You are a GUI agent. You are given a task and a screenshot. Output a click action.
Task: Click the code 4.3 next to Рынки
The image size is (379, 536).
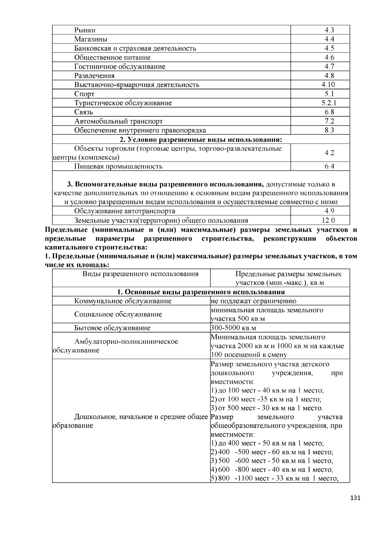(x=329, y=30)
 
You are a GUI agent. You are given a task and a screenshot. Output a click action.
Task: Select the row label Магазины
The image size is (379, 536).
(x=91, y=39)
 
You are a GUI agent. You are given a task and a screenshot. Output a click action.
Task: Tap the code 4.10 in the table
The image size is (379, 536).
(x=328, y=85)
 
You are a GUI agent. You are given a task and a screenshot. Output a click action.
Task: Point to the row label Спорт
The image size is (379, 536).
(x=84, y=94)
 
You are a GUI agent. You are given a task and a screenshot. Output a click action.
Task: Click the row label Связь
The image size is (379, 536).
(x=84, y=112)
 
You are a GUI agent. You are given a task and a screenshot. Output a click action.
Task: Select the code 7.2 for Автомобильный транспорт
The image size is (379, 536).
(x=329, y=121)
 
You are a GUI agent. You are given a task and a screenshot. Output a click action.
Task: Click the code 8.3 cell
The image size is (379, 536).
(x=329, y=130)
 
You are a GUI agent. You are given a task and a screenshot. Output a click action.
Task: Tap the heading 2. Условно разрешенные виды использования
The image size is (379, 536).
(x=201, y=140)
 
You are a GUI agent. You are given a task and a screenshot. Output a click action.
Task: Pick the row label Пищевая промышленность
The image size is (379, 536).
(x=118, y=166)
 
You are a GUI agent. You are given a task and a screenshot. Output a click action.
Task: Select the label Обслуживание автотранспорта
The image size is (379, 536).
(x=124, y=211)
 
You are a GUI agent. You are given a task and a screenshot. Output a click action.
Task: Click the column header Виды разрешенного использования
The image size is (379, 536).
(x=141, y=274)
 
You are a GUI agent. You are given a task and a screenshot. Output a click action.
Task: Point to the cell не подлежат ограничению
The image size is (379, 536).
(x=253, y=301)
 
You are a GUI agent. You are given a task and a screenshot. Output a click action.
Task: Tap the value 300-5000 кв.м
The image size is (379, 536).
(x=233, y=328)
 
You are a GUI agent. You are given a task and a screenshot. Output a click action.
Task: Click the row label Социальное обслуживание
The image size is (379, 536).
(x=118, y=314)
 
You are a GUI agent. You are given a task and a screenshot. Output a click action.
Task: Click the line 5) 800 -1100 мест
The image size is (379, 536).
(x=274, y=478)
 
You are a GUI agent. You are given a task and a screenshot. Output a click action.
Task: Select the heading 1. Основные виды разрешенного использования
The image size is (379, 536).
(x=201, y=292)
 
